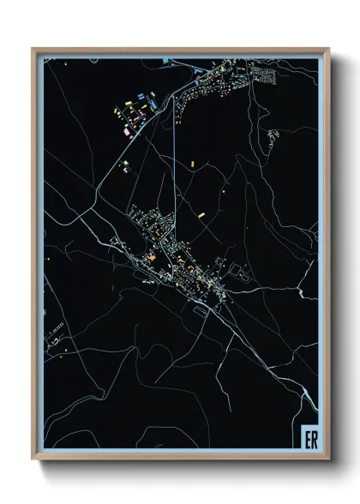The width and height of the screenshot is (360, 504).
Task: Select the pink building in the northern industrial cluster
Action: [127, 133]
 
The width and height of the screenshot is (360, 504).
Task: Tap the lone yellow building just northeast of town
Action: [201, 214]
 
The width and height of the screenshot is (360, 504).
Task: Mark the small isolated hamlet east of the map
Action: [273, 135]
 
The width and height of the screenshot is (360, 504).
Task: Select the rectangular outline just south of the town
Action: [201, 311]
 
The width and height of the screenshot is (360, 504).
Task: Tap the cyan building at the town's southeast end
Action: [225, 295]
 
